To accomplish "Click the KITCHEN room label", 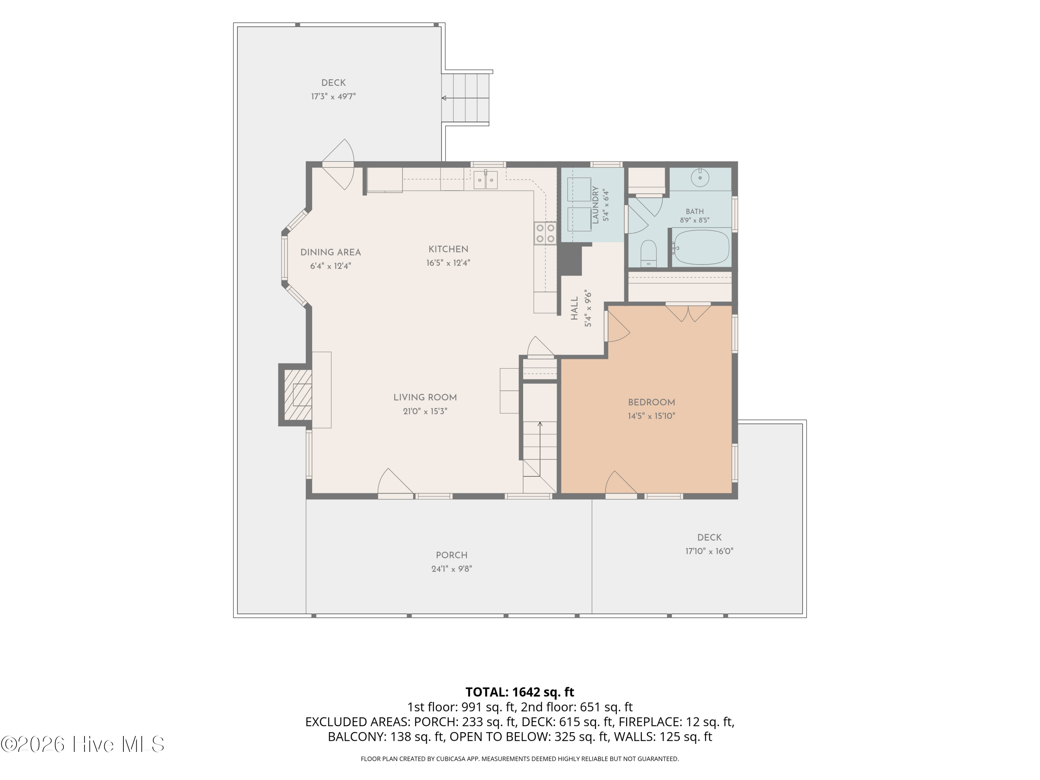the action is (x=448, y=249).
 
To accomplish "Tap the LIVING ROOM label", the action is (x=425, y=397).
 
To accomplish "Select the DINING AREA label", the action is (x=330, y=252).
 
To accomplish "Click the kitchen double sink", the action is (x=485, y=180).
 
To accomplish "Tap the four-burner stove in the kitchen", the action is (x=545, y=233).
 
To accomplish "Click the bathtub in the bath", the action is (x=701, y=247).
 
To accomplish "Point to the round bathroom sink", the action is (x=700, y=178).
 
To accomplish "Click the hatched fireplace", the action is (x=297, y=395).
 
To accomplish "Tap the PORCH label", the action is (x=451, y=555).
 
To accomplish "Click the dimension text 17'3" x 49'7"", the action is (x=333, y=96).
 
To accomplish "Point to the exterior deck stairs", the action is (x=466, y=98).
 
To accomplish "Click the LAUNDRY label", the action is (x=595, y=205).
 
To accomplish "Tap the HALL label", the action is (x=574, y=309).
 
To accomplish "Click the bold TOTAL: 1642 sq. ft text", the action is (x=520, y=692).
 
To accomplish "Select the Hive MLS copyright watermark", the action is (x=83, y=744).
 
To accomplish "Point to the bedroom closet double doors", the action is (x=688, y=313).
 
